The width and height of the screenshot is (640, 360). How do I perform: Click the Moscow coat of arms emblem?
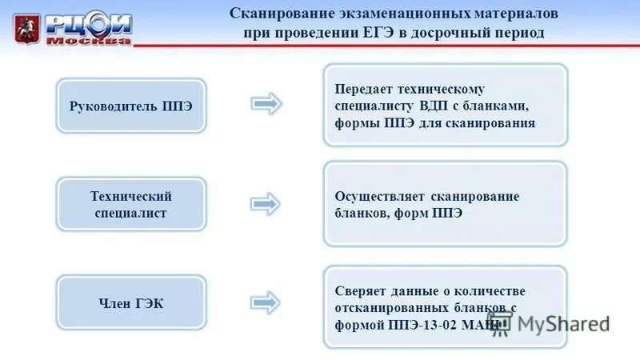tap(26, 28)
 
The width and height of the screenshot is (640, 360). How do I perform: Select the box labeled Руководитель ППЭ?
tap(131, 106)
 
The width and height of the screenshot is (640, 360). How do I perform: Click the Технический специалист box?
tap(131, 205)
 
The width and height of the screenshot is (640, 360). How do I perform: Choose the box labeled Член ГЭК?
tap(131, 302)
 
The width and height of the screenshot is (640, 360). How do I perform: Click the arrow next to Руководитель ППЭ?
tap(266, 104)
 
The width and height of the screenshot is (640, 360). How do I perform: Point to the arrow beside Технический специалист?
tap(266, 204)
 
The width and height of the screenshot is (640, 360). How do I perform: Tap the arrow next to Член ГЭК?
tap(266, 302)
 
